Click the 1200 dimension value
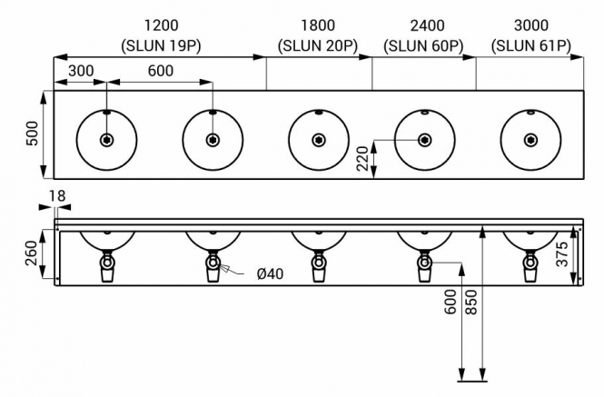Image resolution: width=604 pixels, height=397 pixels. coord(162,25)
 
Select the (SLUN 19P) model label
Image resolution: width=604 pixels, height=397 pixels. coord(162,46)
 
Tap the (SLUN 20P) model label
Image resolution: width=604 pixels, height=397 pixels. coord(318,46)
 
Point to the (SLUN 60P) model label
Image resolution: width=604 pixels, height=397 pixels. coord(423,46)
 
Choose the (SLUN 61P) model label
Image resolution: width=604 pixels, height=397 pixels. coord(531,46)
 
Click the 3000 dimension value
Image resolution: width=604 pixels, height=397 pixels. coord(531,25)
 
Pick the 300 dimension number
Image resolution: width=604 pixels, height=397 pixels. coord(81,71)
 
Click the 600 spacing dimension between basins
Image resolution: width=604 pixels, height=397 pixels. coord(161,71)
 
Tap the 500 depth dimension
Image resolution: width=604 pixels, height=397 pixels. coord(33,134)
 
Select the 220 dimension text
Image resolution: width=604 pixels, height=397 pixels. coord(362,158)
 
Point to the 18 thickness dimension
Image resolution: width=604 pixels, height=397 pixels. coord(57,196)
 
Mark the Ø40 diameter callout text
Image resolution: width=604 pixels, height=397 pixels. coord(270,274)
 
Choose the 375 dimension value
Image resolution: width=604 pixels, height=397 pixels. coord(562,254)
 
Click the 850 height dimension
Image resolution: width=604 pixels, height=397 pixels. coord(471,303)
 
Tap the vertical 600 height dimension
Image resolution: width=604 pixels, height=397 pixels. coord(451,303)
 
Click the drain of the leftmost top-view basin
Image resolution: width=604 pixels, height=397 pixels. coord(106,140)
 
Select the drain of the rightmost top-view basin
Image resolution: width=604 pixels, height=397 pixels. coord(530,140)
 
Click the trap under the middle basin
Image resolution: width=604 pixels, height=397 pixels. coord(319,266)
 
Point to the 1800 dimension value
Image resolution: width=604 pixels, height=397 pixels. coord(318,25)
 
